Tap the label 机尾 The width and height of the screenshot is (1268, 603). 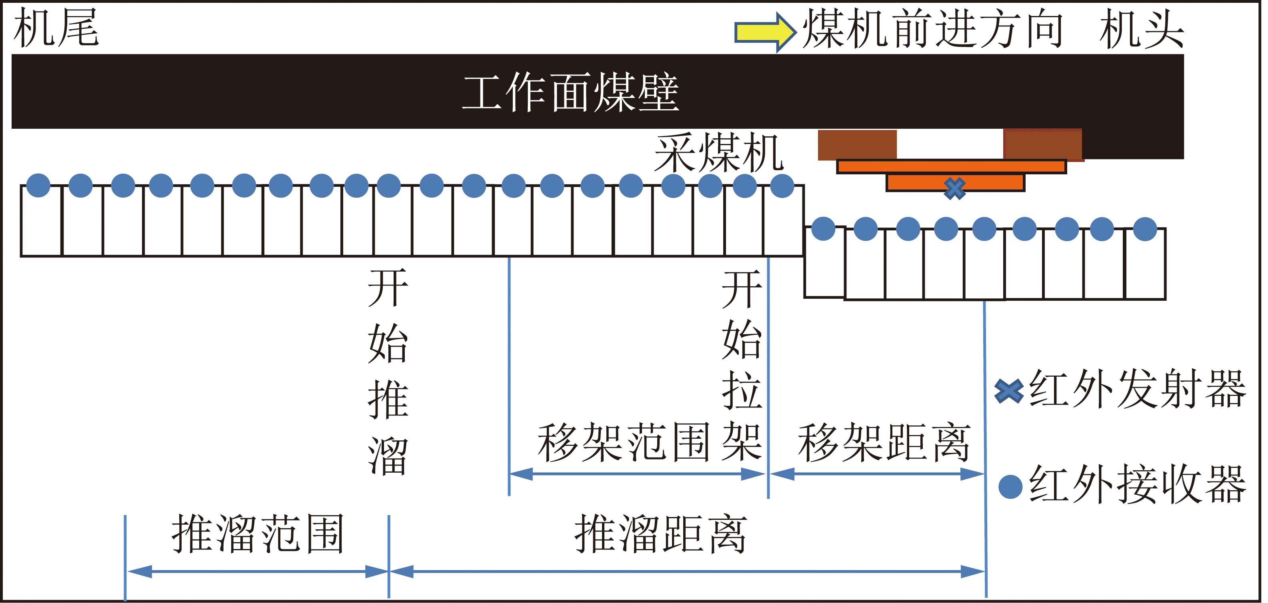coord(56,28)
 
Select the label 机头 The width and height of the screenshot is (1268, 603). coord(1142,30)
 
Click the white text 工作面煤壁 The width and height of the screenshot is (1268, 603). coord(570,92)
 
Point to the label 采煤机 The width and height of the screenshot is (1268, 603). coord(719,153)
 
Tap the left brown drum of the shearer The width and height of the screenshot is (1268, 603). coord(857,145)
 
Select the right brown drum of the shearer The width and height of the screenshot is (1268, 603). coord(1043,145)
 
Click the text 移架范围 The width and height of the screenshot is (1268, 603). coord(623,442)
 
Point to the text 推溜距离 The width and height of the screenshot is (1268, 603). coord(660,533)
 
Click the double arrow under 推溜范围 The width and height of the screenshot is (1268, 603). coord(257,571)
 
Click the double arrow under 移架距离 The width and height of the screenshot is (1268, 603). coord(877,474)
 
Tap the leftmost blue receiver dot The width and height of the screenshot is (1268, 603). coord(38,186)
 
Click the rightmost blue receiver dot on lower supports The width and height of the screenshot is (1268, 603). coord(1145,229)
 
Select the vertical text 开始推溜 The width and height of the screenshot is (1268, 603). coord(388,371)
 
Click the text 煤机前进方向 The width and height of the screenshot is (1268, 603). coord(932,30)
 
